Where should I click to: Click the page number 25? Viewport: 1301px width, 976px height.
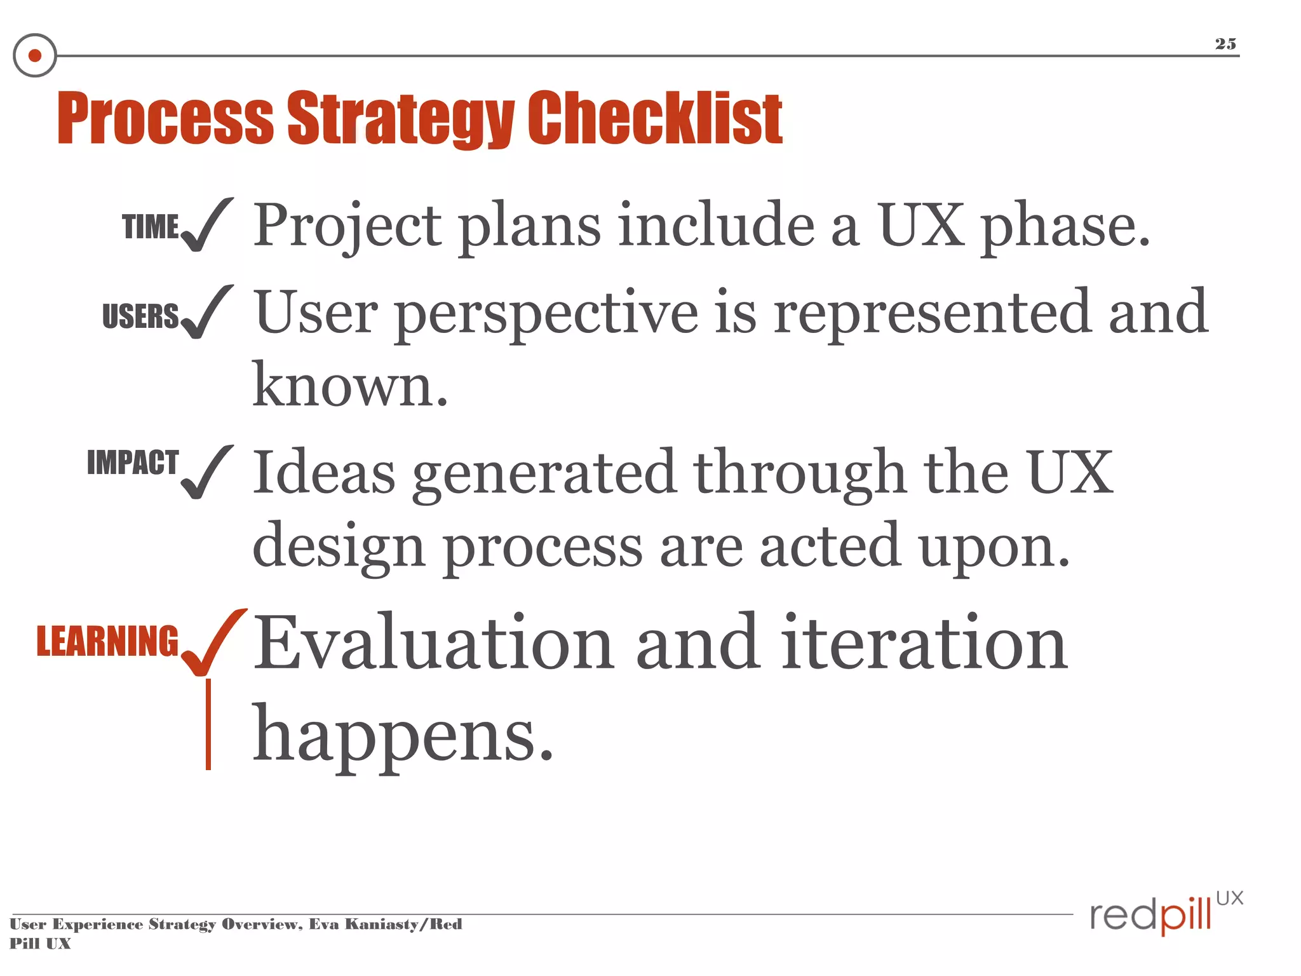click(1225, 44)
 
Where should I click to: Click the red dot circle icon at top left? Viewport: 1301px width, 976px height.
click(35, 56)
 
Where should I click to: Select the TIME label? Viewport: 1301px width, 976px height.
click(151, 227)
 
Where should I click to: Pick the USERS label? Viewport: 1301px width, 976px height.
click(140, 316)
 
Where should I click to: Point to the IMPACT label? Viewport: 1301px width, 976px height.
click(133, 462)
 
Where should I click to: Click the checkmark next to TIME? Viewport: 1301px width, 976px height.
click(206, 225)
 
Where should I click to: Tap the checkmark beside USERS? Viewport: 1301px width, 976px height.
click(206, 313)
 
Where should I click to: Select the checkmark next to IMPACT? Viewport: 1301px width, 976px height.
click(206, 473)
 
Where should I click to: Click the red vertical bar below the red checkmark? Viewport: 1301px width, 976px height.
click(208, 724)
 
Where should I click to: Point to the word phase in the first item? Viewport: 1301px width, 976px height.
click(1065, 227)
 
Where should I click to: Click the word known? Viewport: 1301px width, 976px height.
click(350, 386)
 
